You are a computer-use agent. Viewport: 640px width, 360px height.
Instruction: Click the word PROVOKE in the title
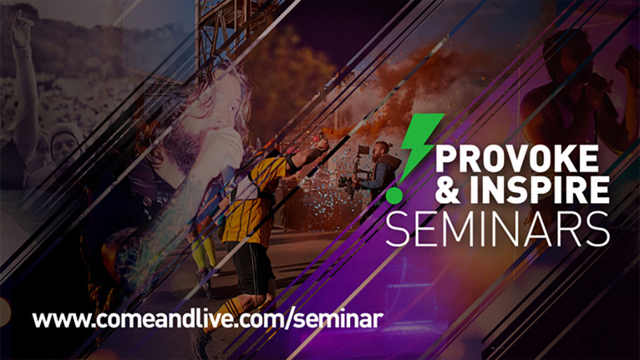(x=517, y=159)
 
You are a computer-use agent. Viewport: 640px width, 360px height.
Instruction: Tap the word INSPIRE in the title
(x=539, y=190)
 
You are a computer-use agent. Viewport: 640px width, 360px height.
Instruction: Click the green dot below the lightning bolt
(x=394, y=195)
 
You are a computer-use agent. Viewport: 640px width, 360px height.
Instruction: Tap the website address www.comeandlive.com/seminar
(x=207, y=319)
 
